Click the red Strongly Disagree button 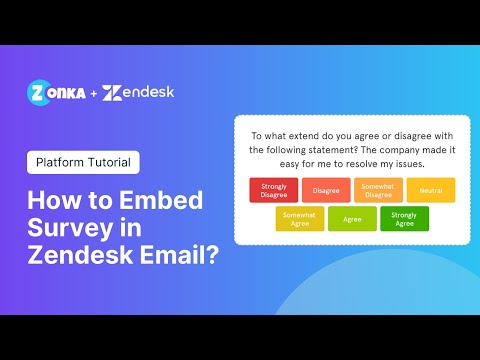point(273,190)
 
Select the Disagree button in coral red point(325,190)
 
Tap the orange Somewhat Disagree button point(378,190)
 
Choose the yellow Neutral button point(431,190)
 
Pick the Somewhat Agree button point(299,218)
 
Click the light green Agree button point(352,218)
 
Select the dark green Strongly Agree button point(404,218)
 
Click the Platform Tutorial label point(84,162)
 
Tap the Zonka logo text point(55,92)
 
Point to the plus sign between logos point(92,93)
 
